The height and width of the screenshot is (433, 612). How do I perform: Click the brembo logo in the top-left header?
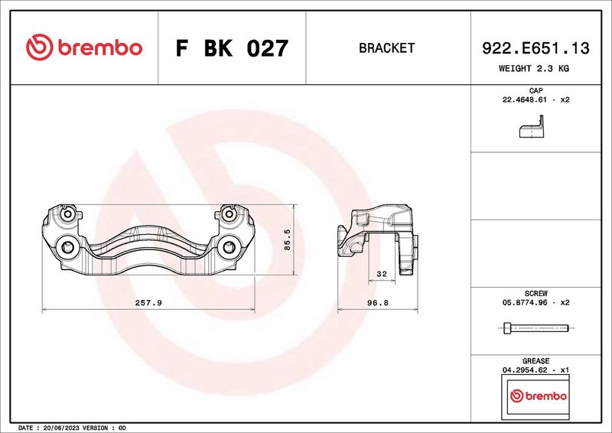click(x=84, y=47)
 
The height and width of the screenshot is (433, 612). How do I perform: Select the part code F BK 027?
click(x=232, y=48)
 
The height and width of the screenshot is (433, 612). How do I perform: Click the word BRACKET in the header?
click(x=386, y=48)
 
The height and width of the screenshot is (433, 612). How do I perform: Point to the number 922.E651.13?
click(x=535, y=48)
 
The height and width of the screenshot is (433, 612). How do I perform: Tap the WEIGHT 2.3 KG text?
click(x=534, y=68)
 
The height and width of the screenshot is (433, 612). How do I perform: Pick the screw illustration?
click(x=535, y=329)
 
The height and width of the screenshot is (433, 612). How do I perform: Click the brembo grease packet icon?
click(x=538, y=396)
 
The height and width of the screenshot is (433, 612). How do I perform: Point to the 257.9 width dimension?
click(x=148, y=303)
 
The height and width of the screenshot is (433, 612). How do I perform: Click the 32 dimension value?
click(x=382, y=274)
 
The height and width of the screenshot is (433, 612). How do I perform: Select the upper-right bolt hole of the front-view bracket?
click(x=227, y=215)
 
